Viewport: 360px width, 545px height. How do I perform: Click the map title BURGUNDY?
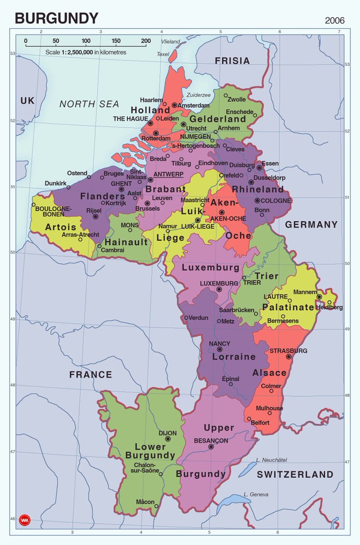tap(57, 19)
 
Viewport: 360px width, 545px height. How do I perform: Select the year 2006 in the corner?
tap(335, 20)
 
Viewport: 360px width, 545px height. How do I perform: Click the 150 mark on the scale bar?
tap(116, 41)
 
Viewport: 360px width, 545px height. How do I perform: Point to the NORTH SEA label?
tap(89, 104)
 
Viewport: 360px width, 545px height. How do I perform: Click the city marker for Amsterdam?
tap(174, 105)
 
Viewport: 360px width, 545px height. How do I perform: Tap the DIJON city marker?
tap(168, 439)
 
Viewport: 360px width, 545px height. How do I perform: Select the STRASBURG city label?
tap(288, 351)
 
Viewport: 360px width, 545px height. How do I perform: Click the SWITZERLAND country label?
tap(295, 475)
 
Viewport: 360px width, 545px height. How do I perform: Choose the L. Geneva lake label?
tap(256, 495)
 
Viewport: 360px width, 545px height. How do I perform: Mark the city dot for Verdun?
tap(186, 317)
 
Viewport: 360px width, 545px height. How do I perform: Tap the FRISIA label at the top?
tap(232, 61)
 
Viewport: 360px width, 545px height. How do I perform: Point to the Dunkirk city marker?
tap(69, 187)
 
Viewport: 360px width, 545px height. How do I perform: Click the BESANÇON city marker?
tap(211, 447)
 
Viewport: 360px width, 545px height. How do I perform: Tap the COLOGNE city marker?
tap(257, 200)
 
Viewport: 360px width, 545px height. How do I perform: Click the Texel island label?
tap(163, 54)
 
